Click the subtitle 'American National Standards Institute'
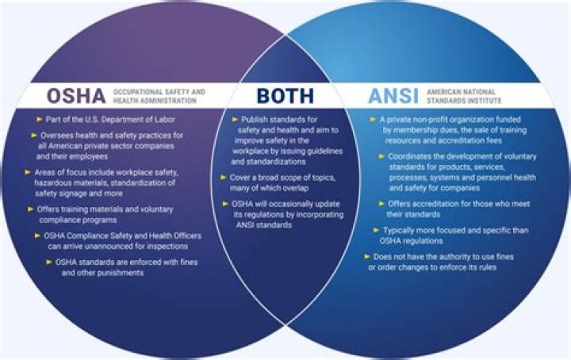click(474, 96)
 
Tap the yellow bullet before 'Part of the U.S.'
click(40, 119)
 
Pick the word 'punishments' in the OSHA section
click(119, 273)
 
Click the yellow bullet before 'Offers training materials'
click(29, 209)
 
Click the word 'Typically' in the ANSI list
click(403, 230)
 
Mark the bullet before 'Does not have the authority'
click(366, 256)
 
